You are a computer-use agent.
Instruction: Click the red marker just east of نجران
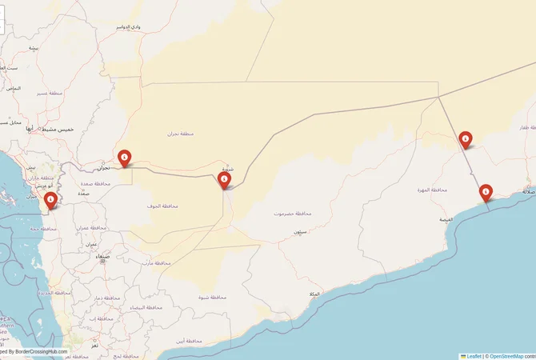click(x=124, y=158)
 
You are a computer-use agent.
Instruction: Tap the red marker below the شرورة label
click(x=225, y=181)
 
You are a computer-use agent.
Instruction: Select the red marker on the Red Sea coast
click(x=51, y=199)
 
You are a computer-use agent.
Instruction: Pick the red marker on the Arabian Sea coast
click(x=486, y=192)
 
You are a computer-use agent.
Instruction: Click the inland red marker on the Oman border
click(x=466, y=139)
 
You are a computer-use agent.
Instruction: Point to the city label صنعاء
click(x=102, y=258)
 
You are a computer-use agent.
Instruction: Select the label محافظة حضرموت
click(x=292, y=214)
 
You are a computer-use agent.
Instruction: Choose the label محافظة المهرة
click(x=430, y=190)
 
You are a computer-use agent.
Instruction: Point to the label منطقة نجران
click(x=182, y=133)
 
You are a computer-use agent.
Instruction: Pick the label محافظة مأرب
click(x=155, y=262)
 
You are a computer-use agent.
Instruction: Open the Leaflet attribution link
click(x=473, y=356)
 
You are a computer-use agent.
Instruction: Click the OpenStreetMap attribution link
click(x=506, y=356)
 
